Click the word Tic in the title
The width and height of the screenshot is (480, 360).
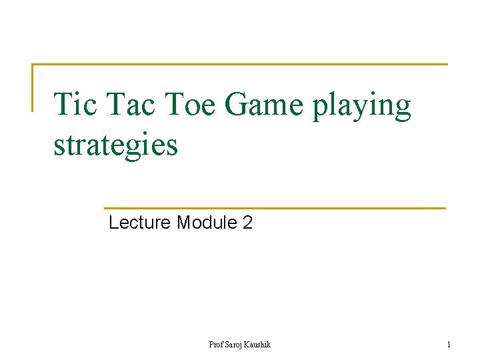coord(73,105)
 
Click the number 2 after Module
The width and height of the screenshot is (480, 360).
coord(248,223)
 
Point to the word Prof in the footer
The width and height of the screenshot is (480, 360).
coord(215,345)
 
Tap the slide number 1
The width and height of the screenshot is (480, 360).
coord(449,345)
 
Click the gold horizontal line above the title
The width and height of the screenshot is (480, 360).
coord(240,65)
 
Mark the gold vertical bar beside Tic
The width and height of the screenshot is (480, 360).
coord(33,87)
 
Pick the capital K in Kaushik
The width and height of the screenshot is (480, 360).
coord(248,345)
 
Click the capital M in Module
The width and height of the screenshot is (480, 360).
coord(183,223)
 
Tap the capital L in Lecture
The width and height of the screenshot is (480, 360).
coord(113,223)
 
